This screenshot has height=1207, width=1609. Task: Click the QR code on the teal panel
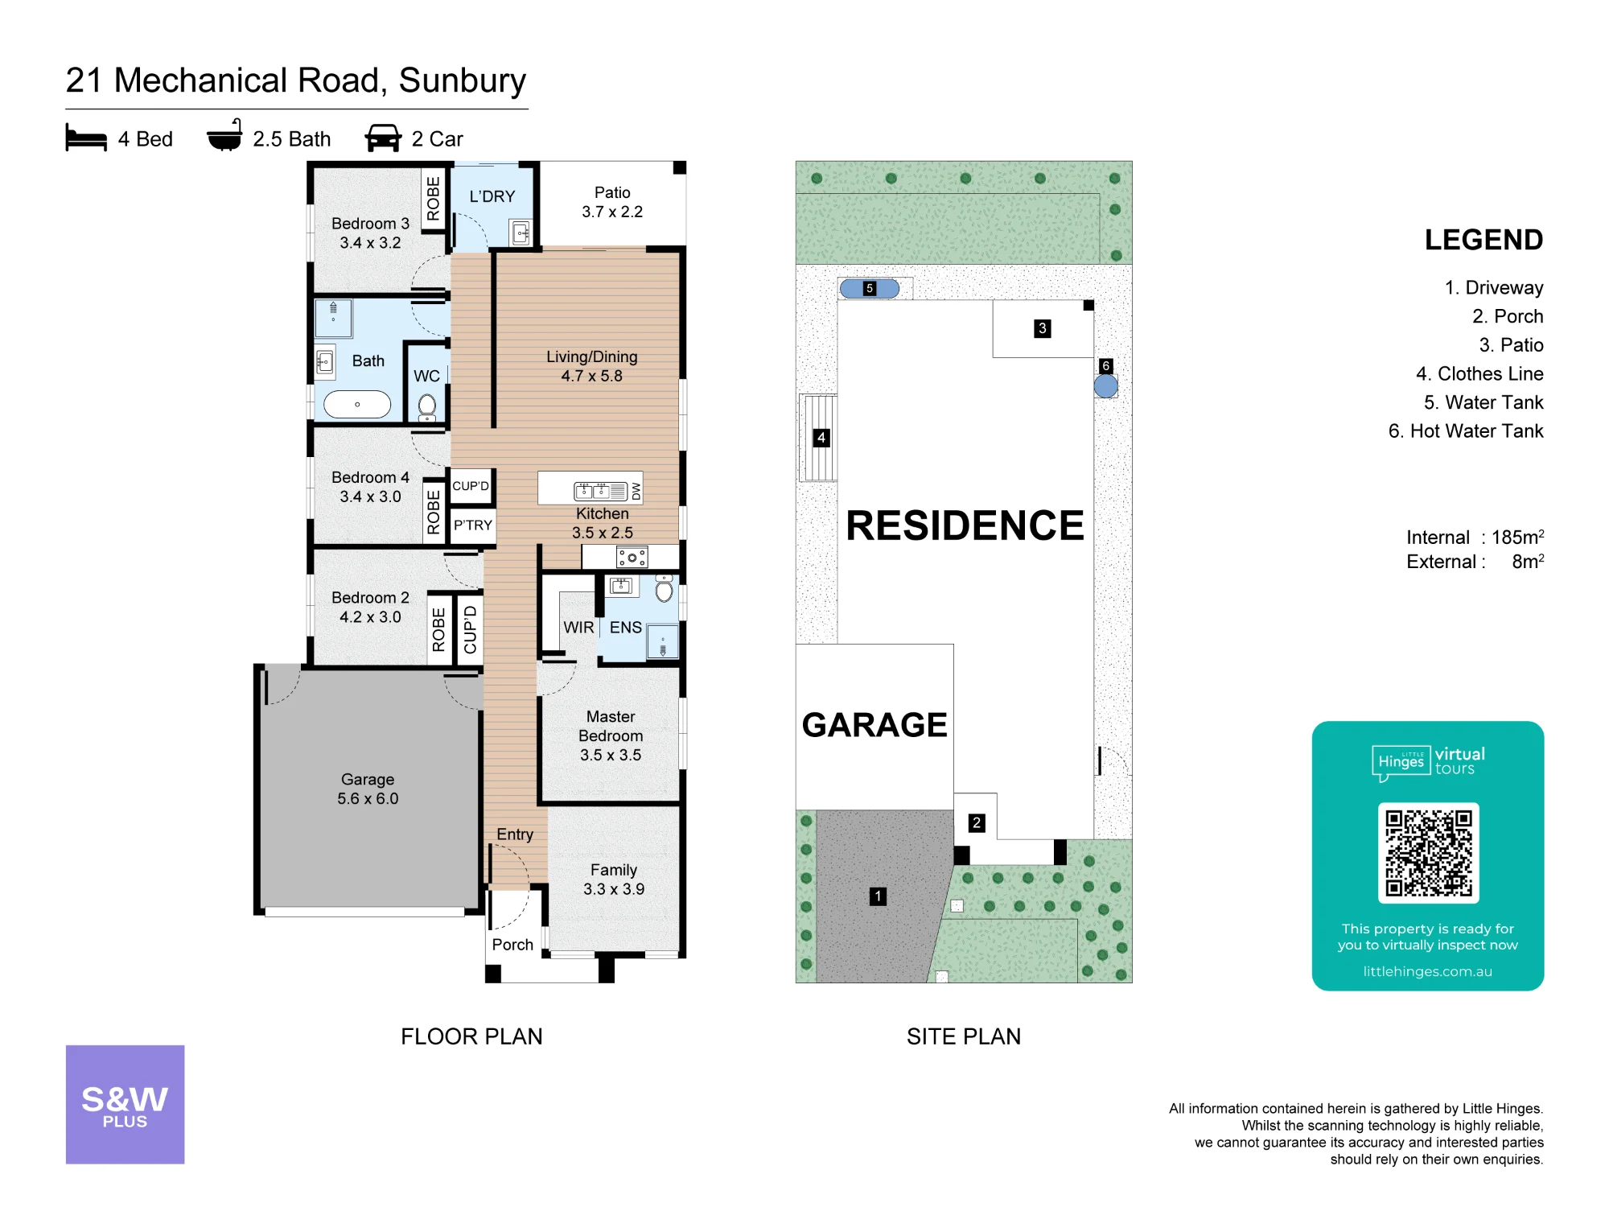(1428, 853)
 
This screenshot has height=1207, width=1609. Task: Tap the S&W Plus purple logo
(125, 1104)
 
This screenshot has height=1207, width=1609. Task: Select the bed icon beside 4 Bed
(86, 138)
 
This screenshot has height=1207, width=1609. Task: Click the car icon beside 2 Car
(383, 138)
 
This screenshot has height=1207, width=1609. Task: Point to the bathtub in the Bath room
(357, 404)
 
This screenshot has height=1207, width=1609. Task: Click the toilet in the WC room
(427, 407)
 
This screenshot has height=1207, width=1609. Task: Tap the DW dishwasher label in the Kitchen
(636, 490)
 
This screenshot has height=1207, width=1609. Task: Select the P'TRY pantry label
(473, 525)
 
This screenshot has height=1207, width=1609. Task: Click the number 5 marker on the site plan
(869, 288)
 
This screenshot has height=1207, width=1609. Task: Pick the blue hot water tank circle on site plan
(1106, 386)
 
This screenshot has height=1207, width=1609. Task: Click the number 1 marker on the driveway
(878, 896)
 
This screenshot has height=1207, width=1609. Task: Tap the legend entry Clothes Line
(1479, 373)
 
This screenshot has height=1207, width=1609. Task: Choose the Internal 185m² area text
(1475, 537)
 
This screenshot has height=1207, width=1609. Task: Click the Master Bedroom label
(611, 726)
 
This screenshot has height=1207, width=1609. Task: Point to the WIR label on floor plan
(578, 628)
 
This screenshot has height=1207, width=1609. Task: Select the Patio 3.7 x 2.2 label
(612, 202)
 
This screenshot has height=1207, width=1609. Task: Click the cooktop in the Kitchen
(632, 557)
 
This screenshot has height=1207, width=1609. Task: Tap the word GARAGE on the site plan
(874, 725)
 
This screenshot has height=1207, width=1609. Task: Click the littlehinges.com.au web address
(1427, 971)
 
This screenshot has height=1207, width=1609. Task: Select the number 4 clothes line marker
(821, 438)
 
